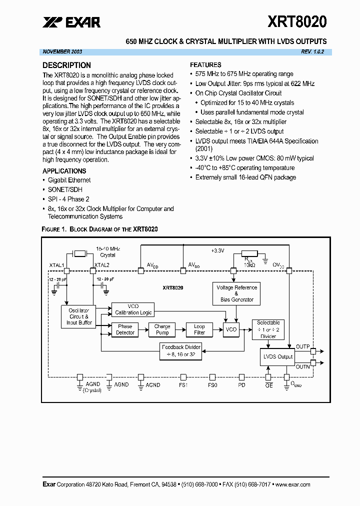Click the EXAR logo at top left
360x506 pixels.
71,22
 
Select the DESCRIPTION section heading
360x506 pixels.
66,65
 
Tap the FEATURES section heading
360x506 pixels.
205,64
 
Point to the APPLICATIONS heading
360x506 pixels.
64,170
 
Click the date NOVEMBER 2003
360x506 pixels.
62,52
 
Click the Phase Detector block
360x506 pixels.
125,329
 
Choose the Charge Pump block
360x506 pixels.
162,329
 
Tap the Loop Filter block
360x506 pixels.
199,329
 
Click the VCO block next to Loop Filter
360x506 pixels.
230,330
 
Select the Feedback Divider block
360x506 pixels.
181,350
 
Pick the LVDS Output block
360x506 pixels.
278,356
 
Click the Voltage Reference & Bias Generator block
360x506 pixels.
236,293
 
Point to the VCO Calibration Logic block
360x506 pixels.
133,309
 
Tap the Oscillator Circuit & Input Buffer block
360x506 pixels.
78,316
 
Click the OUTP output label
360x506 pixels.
302,346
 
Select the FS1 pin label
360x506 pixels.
183,385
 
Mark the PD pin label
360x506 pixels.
241,385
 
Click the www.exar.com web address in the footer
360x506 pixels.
292,484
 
